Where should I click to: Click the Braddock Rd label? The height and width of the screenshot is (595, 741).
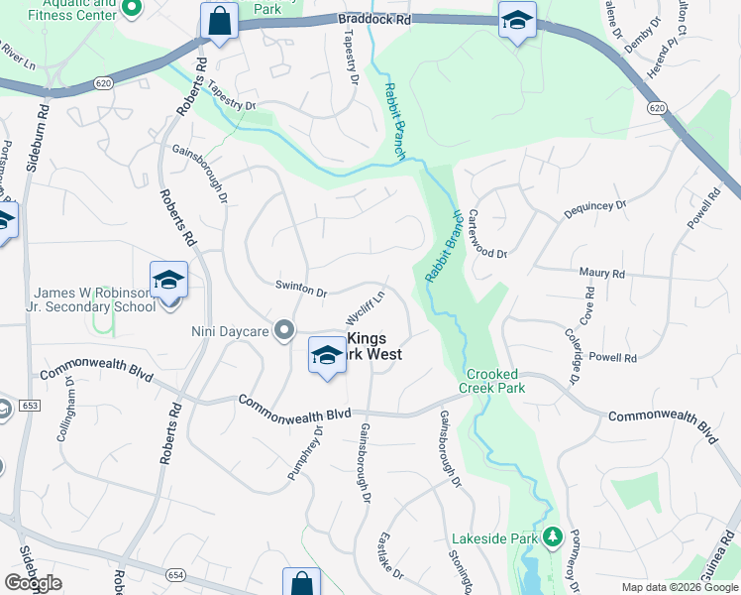(373, 19)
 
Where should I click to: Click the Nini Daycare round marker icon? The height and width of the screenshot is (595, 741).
(284, 330)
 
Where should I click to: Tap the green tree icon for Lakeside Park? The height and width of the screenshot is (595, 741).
(553, 538)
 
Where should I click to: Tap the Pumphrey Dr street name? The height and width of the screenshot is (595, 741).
(305, 453)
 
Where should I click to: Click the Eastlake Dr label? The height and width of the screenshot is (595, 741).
(391, 556)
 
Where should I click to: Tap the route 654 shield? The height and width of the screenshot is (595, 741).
(176, 573)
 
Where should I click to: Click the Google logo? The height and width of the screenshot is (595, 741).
(33, 583)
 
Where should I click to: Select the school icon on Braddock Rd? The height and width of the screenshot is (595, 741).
(516, 22)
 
